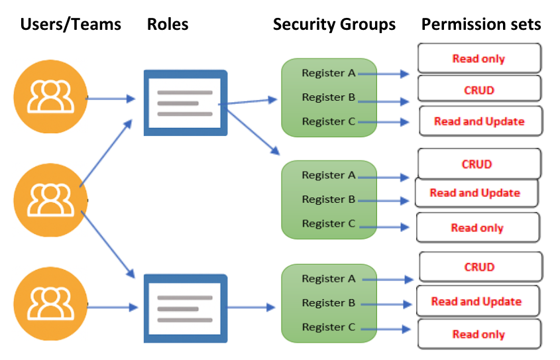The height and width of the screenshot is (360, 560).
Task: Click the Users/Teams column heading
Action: point(71,25)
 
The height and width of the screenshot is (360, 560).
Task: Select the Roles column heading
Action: point(168,25)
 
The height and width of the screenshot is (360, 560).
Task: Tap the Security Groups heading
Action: point(334,25)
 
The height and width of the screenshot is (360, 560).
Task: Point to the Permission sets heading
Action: point(481,25)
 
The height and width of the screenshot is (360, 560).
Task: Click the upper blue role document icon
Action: point(186,103)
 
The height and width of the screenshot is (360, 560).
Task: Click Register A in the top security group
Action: point(328,73)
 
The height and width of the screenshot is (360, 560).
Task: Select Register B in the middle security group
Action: point(328,200)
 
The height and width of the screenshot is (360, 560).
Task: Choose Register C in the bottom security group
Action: point(328,327)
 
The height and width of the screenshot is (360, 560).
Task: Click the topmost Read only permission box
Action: point(478,58)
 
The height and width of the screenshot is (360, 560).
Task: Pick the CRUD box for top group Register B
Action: point(479,90)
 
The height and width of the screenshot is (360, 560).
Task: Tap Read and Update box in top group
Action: point(479,121)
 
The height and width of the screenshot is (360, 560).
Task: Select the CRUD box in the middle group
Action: point(478,164)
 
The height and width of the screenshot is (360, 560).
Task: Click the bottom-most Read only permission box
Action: point(478,334)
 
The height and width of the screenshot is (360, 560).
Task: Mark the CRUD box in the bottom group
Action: point(479,267)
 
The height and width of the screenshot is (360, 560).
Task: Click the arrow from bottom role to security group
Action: point(251,308)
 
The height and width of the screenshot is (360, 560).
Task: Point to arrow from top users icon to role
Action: point(111,99)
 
